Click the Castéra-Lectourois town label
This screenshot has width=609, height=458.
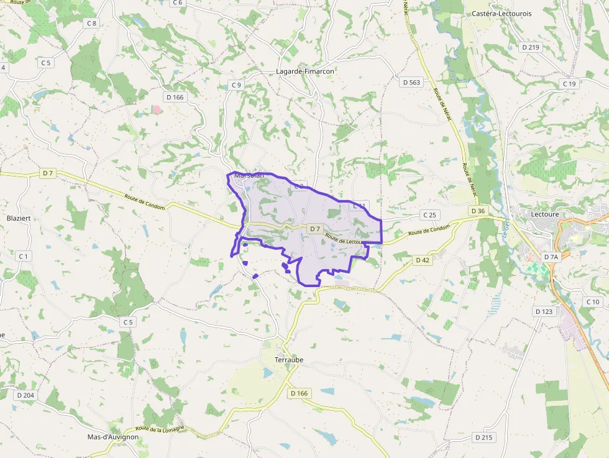tap(501, 13)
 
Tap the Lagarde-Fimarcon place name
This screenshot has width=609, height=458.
tap(305, 71)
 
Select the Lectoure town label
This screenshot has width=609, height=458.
tap(545, 214)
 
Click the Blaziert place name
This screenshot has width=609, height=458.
tap(18, 218)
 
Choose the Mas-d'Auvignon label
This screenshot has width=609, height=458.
tap(113, 437)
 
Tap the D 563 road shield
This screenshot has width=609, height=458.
tap(411, 82)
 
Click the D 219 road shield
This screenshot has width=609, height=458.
tap(531, 47)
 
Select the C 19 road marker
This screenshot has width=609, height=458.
tap(569, 84)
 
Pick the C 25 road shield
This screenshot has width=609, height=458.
tap(429, 215)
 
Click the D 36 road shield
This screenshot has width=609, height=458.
tap(478, 211)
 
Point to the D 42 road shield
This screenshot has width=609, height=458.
tap(423, 260)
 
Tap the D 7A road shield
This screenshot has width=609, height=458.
tap(551, 257)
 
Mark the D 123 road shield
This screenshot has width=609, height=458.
tap(543, 311)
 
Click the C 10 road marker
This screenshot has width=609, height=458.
tap(592, 301)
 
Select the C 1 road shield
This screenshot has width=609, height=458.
tap(24, 256)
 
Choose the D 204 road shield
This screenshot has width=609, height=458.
tap(25, 395)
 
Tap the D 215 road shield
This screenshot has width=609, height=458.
tap(483, 437)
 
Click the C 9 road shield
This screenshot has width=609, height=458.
tap(236, 85)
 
